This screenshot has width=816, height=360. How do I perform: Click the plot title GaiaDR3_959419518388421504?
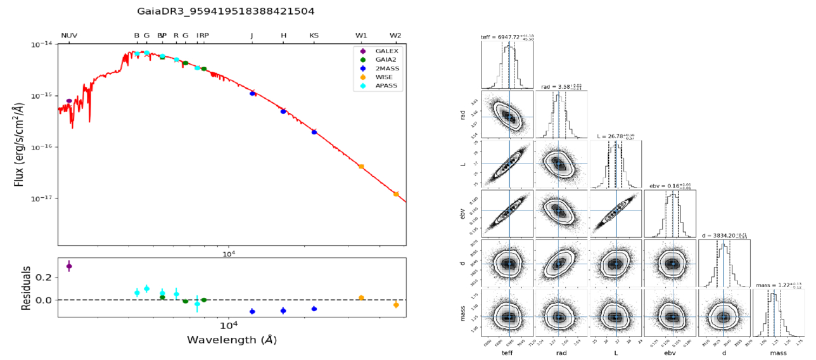pyautogui.click(x=226, y=11)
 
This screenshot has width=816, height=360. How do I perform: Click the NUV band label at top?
pyautogui.click(x=69, y=35)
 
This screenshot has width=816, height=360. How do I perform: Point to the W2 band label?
pyautogui.click(x=395, y=35)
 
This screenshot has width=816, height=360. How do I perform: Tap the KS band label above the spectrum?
pyautogui.click(x=314, y=35)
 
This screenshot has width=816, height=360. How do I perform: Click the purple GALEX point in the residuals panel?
pyautogui.click(x=69, y=266)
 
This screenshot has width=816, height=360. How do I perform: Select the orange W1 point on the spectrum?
pyautogui.click(x=361, y=166)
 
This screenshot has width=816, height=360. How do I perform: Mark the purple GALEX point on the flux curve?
pyautogui.click(x=69, y=101)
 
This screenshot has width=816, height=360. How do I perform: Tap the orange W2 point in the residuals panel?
pyautogui.click(x=396, y=305)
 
